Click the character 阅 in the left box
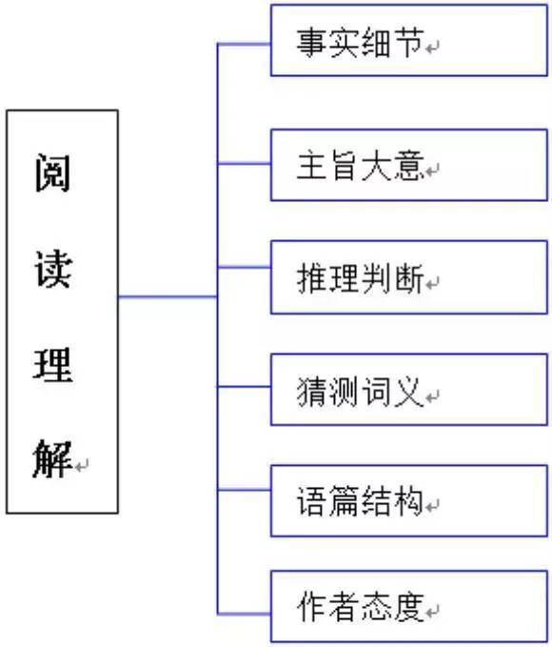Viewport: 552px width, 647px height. click(52, 172)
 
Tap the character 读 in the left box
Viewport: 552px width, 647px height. click(53, 268)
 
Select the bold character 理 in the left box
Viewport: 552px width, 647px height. click(52, 365)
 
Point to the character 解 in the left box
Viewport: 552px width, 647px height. click(52, 459)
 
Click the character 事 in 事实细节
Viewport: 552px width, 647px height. click(312, 43)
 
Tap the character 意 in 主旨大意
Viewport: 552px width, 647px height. click(409, 166)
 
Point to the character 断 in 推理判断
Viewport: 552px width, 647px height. click(409, 278)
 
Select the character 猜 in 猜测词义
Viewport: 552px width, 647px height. click(312, 392)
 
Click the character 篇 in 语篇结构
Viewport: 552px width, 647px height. click(345, 501)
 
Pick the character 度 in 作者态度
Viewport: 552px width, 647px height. click(409, 607)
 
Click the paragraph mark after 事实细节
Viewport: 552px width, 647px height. click(432, 48)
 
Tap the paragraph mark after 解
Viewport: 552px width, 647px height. click(82, 466)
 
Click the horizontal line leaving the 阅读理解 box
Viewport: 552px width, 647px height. click(168, 296)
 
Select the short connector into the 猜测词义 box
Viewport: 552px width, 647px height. click(244, 387)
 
